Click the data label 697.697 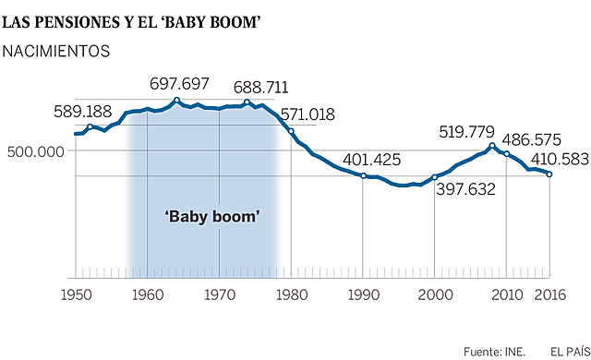(181, 86)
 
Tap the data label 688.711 (260, 89)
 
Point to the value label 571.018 (308, 114)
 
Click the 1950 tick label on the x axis (75, 294)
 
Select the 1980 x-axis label (292, 294)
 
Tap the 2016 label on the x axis (550, 294)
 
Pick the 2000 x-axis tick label (435, 294)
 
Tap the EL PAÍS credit (568, 351)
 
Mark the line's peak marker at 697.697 (176, 100)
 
